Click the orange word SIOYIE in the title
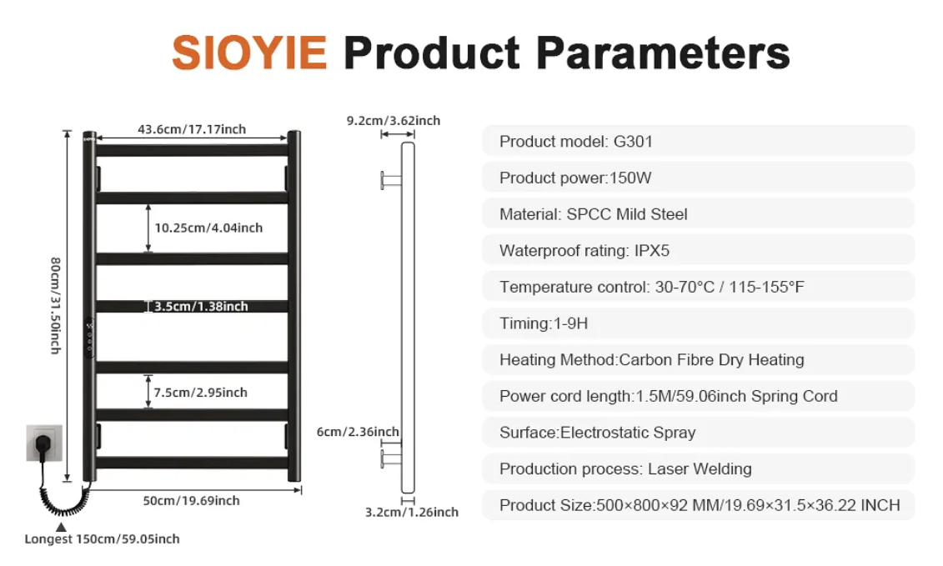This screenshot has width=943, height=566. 249,53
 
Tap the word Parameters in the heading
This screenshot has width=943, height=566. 663,53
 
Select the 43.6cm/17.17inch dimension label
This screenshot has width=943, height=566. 192,129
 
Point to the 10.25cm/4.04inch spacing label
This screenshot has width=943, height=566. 208,228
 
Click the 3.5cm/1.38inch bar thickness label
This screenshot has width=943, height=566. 201,306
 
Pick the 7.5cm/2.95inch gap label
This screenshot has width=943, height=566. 200,392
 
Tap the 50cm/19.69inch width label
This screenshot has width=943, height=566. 191,500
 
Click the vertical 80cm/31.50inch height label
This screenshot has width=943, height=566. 55,306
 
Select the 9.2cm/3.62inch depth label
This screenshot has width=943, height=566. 394,120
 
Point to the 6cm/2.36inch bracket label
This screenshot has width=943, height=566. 358,432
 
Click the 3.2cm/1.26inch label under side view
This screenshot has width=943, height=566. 412,512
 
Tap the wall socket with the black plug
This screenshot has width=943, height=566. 44,443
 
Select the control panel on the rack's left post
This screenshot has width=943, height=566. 89,337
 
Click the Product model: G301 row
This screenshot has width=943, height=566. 698,142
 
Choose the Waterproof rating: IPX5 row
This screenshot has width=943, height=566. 698,250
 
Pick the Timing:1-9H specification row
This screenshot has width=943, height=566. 698,323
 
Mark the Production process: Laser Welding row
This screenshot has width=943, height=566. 698,468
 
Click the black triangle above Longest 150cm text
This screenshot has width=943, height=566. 62,527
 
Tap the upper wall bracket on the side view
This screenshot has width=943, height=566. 391,179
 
